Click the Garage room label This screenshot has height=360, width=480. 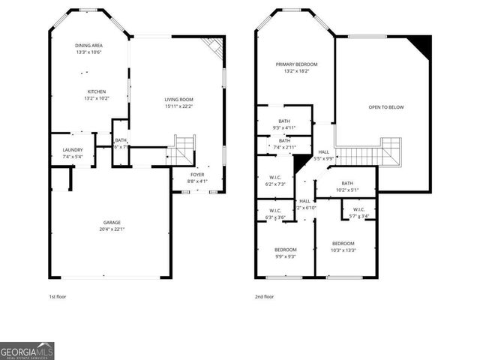(x=112, y=223)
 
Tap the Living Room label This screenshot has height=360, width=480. (x=179, y=99)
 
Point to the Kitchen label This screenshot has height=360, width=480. (x=97, y=91)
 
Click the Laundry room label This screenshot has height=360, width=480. (x=72, y=150)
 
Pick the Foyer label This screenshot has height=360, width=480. (x=196, y=175)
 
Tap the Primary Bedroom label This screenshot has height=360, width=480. (x=294, y=65)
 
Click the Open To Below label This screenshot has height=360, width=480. (x=385, y=107)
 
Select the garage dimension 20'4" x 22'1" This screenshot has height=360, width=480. (x=112, y=229)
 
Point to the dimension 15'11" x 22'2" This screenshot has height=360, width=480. (x=179, y=106)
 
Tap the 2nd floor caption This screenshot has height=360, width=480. (x=264, y=297)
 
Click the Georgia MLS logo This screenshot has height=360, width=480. (x=27, y=351)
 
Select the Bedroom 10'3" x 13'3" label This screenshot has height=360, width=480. (x=343, y=243)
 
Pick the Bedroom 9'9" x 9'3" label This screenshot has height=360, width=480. (x=285, y=250)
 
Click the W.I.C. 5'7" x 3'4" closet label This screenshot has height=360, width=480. (x=358, y=209)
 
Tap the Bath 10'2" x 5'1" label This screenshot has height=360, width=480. (x=347, y=183)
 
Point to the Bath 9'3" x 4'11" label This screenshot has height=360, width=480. (x=284, y=121)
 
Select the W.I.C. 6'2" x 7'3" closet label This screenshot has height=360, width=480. (x=274, y=178)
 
